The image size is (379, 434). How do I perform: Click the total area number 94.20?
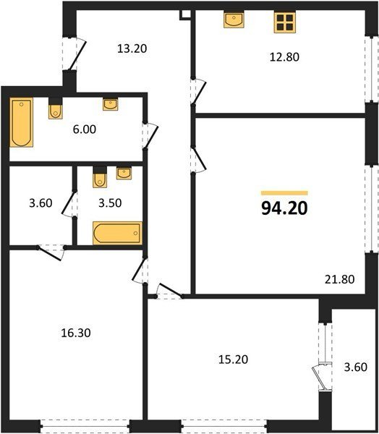284,208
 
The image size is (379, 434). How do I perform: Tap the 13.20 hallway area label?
132,48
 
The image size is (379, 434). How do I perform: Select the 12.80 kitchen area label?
284,57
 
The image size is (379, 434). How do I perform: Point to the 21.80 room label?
339,279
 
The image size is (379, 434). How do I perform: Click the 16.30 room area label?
76,333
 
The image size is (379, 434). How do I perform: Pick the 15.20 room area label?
233,359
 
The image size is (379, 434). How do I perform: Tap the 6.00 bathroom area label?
85,129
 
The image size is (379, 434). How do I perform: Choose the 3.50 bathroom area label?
110,203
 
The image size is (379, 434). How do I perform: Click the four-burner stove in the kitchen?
285,22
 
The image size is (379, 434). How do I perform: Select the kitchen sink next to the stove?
234,20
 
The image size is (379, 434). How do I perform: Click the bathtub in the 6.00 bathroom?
21,122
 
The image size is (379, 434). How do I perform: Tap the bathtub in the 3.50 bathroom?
117,233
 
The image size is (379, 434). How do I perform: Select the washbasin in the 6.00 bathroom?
111,104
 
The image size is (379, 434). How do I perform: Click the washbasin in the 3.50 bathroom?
124,174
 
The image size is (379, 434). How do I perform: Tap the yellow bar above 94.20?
284,193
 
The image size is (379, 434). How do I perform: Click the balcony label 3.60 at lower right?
355,367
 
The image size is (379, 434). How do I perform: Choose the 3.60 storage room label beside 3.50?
41,203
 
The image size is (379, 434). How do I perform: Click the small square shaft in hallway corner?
185,15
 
